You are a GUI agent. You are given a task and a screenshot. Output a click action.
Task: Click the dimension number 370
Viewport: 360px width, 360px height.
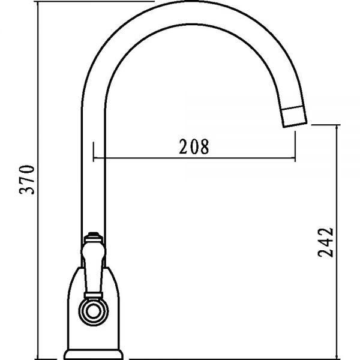(27, 179)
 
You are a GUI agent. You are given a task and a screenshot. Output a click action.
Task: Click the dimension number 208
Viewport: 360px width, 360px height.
(194, 146)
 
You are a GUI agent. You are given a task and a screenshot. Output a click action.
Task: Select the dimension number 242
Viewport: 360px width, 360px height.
(325, 242)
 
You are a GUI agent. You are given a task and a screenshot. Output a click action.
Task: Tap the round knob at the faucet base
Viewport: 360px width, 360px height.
(94, 312)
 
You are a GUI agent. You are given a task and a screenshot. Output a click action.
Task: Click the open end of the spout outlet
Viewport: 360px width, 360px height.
(295, 125)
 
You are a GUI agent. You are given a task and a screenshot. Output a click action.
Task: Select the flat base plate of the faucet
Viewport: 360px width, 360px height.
(93, 355)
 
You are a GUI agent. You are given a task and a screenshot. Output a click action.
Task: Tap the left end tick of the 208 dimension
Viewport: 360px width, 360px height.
(94, 152)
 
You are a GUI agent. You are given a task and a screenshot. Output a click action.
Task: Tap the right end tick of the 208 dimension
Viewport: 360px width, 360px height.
(295, 146)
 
